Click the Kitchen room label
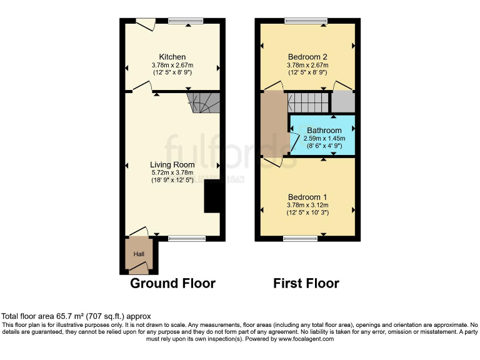coord(172,56)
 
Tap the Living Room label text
coord(172,165)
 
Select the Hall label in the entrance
coord(139,254)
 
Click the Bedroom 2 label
coord(307,56)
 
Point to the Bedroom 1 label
coord(307,196)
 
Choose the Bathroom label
coord(324,131)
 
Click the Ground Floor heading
coord(172,283)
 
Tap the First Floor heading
coord(306,283)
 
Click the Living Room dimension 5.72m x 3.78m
coord(172,172)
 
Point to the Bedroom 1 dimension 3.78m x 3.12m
coord(307,204)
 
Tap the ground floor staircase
coord(205,102)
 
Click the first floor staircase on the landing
coord(307,101)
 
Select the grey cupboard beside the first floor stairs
coord(342,101)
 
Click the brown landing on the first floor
coord(273,125)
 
